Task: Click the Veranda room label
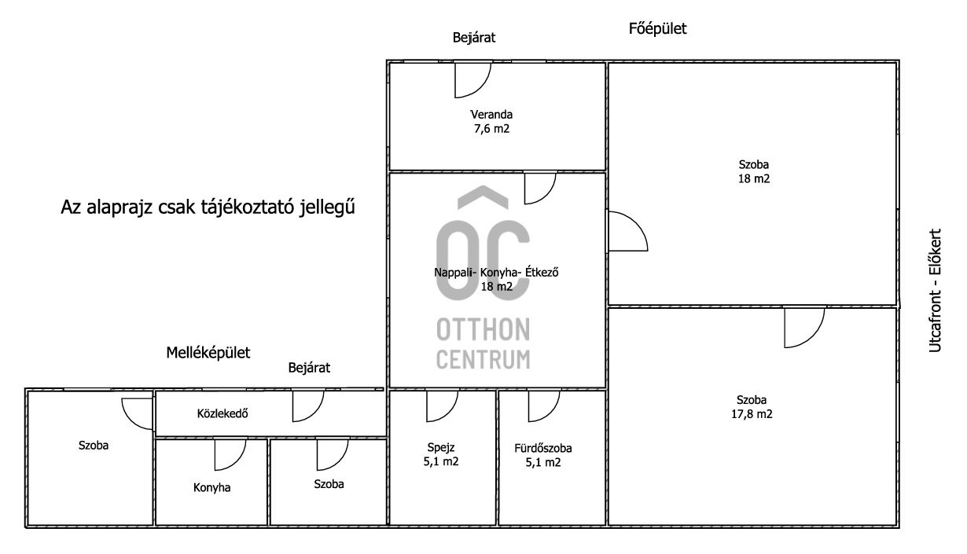[x=491, y=115]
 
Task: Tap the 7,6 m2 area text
[x=491, y=129]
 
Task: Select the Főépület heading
[x=657, y=28]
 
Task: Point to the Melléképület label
[x=208, y=353]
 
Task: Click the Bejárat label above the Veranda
[x=473, y=38]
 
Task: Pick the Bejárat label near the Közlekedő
[x=309, y=368]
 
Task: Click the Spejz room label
[x=441, y=448]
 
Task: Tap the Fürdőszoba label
[x=543, y=448]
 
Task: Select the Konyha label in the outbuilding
[x=211, y=488]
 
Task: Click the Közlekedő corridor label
[x=222, y=413]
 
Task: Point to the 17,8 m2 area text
[x=752, y=414]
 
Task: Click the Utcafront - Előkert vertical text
[x=935, y=291]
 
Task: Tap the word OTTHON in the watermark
[x=483, y=329]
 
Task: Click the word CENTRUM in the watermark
[x=483, y=359]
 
